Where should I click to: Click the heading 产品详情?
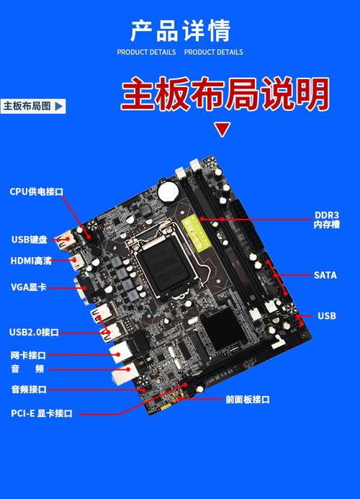pos(180,31)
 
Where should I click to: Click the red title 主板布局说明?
pos(225,94)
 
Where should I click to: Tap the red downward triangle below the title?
pos(223,130)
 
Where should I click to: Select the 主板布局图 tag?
pos(32,106)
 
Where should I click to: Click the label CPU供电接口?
pos(37,192)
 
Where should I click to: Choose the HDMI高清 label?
pos(30,261)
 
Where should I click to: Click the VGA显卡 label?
pos(28,287)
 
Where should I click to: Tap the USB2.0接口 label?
pos(34,332)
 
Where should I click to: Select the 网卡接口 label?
pos(28,355)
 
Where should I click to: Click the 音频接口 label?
pos(28,390)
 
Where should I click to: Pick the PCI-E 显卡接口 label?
pos(42,413)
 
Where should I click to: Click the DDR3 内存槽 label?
pos(326,220)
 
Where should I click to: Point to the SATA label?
pos(325,275)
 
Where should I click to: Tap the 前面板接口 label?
pos(247,400)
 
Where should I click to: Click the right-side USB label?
pos(326,315)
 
